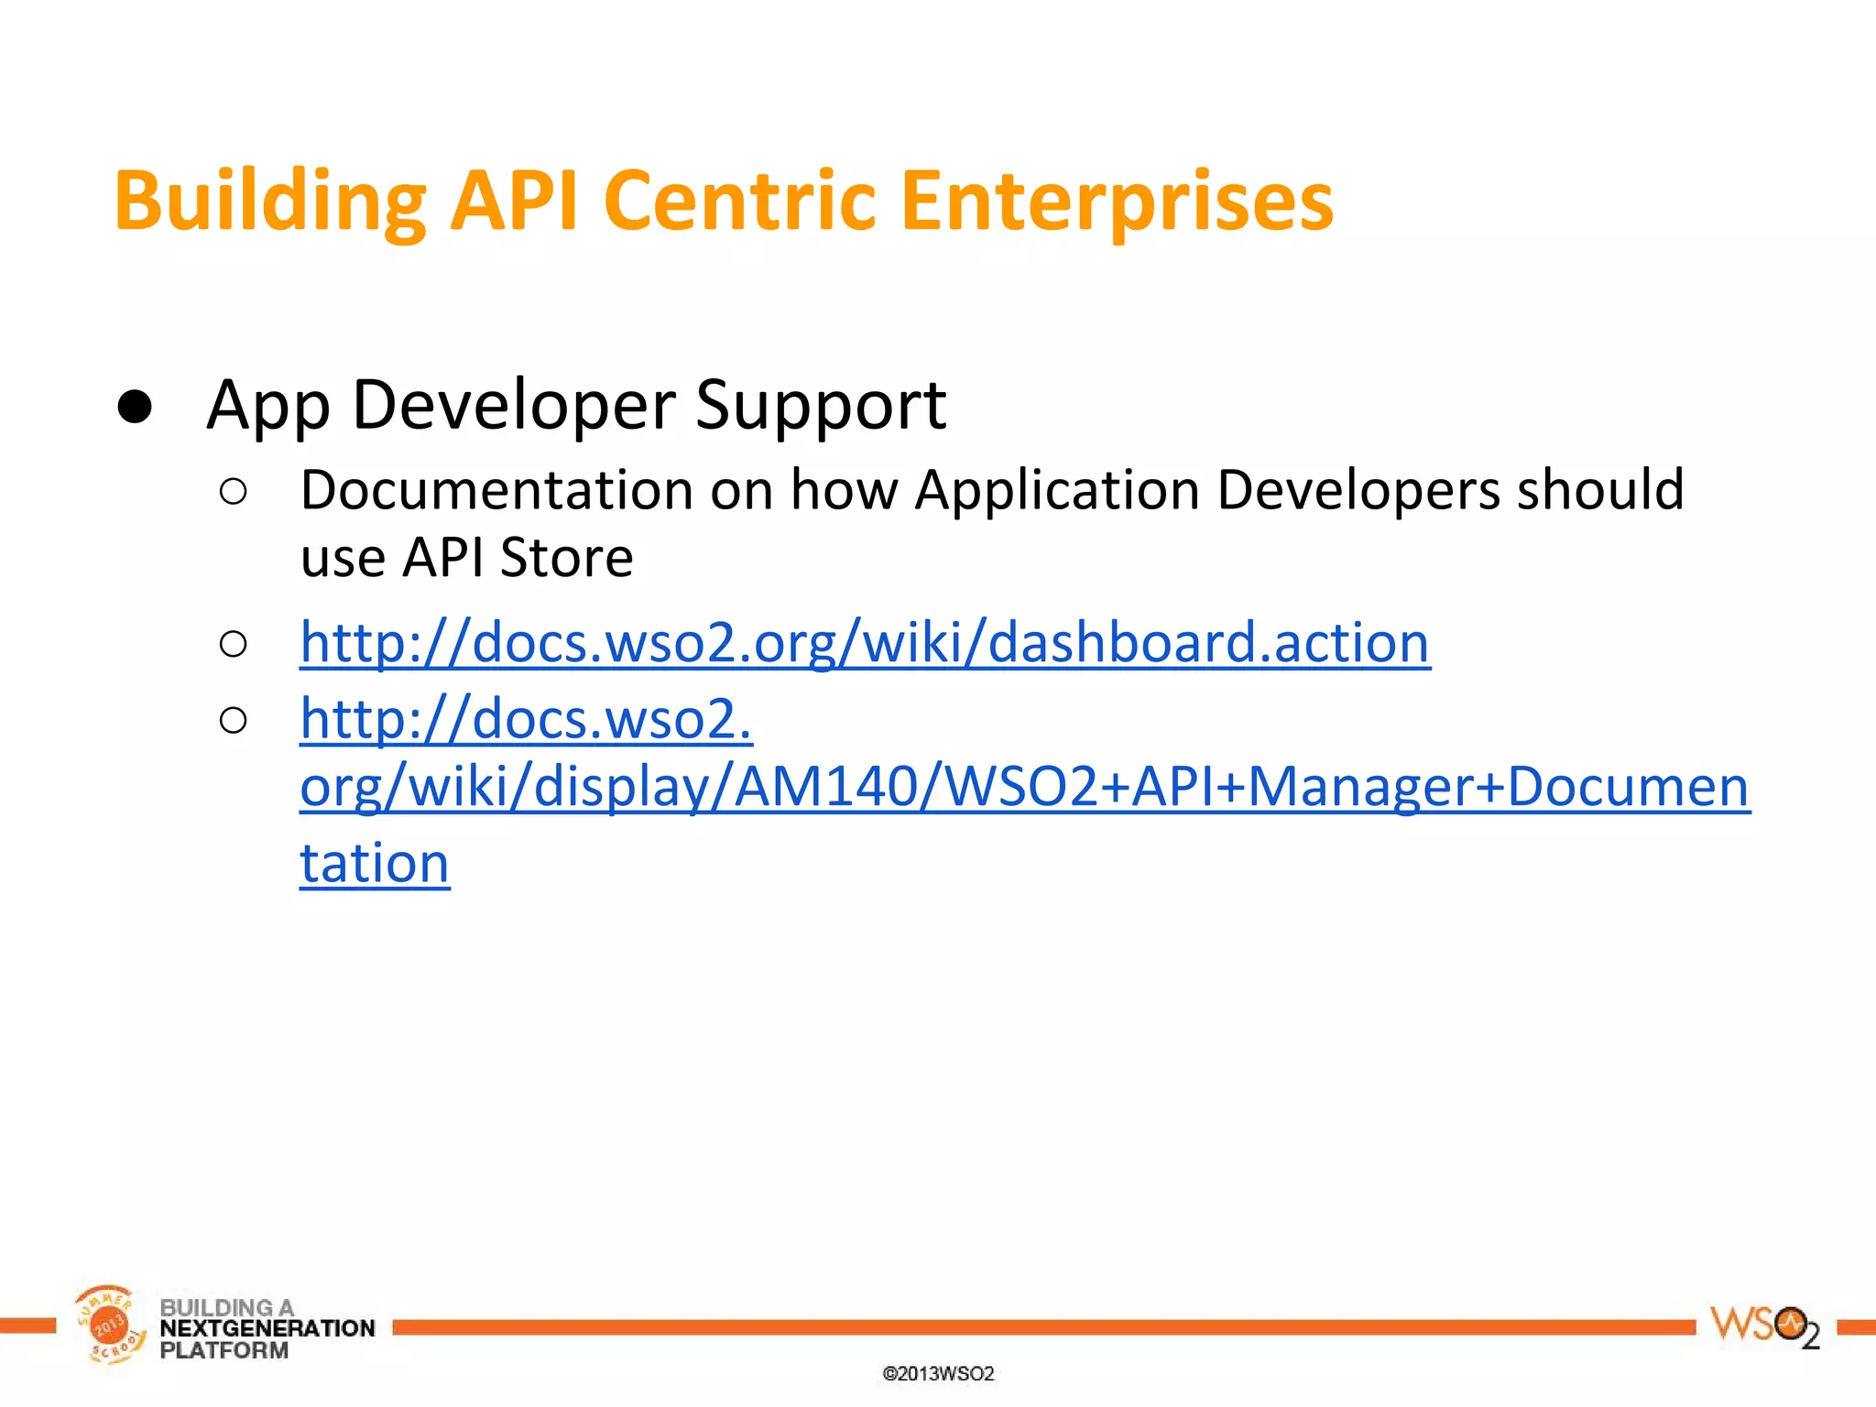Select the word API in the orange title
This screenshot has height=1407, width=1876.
pyautogui.click(x=514, y=202)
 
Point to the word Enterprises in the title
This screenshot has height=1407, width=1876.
pyautogui.click(x=1117, y=202)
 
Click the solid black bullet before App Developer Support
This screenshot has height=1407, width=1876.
pyautogui.click(x=135, y=407)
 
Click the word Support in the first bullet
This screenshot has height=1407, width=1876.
pyautogui.click(x=820, y=405)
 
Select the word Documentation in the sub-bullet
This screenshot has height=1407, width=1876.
pyautogui.click(x=496, y=490)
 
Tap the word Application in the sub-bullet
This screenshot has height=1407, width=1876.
pyautogui.click(x=1057, y=490)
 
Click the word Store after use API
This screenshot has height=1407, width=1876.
pyautogui.click(x=566, y=558)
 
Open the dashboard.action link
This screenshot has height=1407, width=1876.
pyautogui.click(x=865, y=642)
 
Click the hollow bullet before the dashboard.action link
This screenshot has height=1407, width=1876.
pyautogui.click(x=234, y=644)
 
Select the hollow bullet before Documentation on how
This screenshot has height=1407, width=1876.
pyautogui.click(x=234, y=492)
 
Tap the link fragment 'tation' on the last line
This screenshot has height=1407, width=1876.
pyautogui.click(x=375, y=864)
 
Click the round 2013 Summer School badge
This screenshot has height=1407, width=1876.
pyautogui.click(x=108, y=1325)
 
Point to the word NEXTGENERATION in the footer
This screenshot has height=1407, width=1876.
pyautogui.click(x=267, y=1328)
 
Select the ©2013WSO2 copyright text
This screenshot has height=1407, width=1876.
pyautogui.click(x=938, y=1374)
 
